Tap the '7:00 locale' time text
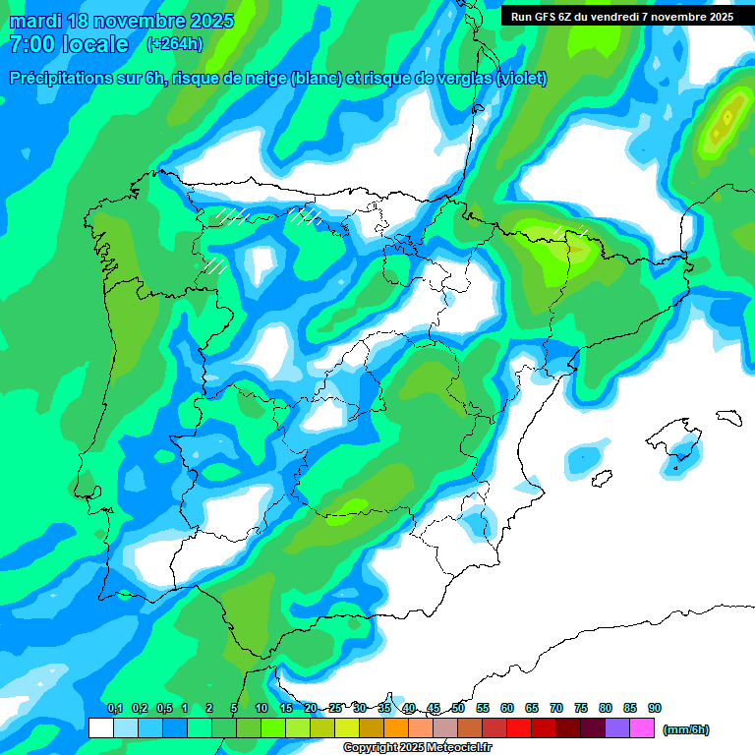point(68,44)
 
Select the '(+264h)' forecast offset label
point(174,44)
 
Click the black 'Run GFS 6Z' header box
point(622,17)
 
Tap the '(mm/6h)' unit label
point(686,729)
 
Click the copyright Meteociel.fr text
point(421,748)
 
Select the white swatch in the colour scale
point(100,728)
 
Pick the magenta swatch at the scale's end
point(642,728)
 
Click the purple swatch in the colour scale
point(617,728)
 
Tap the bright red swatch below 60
point(519,728)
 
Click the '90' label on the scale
point(655,709)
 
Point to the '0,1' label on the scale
point(115,709)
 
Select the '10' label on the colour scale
point(261,709)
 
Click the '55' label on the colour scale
point(483,709)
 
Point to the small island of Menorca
point(728,417)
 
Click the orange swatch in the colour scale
point(396,728)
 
